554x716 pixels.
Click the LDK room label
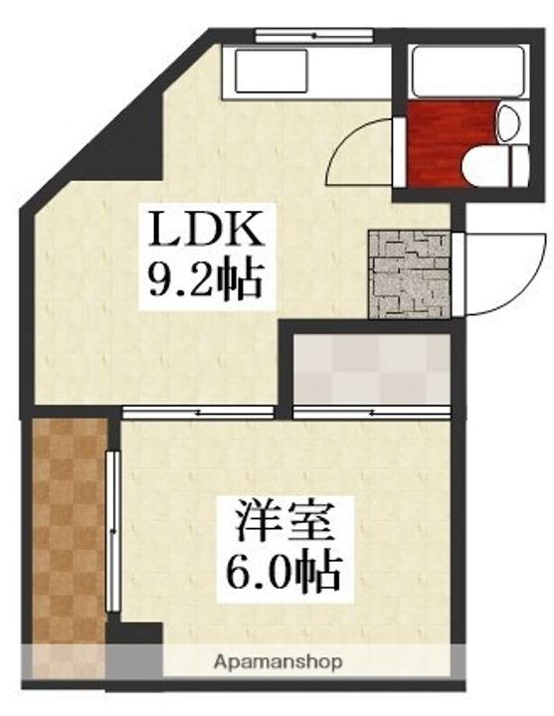click(x=205, y=232)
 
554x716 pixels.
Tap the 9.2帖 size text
click(x=205, y=280)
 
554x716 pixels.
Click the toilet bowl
click(x=498, y=165)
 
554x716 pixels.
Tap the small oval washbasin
click(x=507, y=123)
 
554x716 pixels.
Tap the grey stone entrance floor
click(x=408, y=272)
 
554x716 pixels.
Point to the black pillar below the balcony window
click(x=135, y=635)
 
